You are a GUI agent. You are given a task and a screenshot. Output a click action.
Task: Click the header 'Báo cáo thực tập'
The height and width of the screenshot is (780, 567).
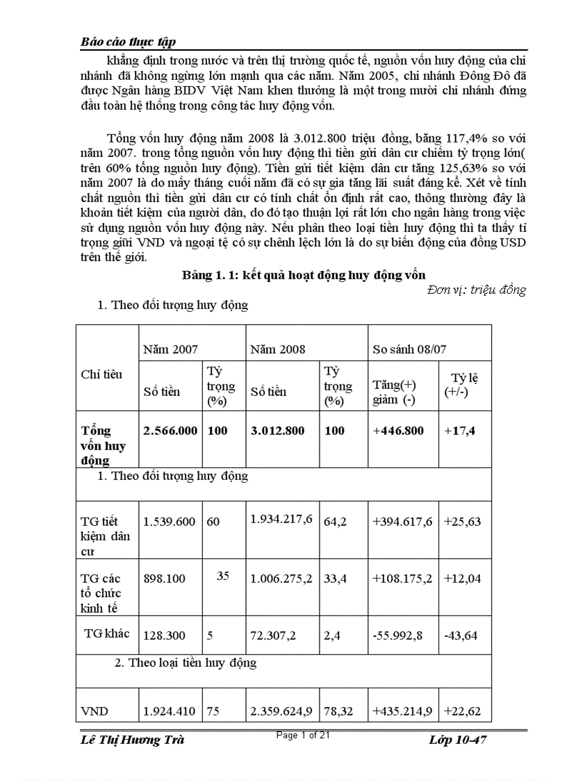[x=128, y=42]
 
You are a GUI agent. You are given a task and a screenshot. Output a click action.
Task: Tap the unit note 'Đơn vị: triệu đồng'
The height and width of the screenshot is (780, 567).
[x=477, y=290]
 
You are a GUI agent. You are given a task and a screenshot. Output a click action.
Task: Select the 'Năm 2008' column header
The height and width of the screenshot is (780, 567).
[x=278, y=349]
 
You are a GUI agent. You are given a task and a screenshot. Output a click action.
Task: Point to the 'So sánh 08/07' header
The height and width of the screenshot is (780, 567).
[x=409, y=349]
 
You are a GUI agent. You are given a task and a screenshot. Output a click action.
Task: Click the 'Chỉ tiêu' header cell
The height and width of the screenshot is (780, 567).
[x=101, y=374]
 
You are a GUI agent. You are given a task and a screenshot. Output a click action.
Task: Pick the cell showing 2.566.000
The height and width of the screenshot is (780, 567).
[x=170, y=431]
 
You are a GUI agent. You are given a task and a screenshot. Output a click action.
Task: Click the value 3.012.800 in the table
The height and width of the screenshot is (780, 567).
[x=277, y=431]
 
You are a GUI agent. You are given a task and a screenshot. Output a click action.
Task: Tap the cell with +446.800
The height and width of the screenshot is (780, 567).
[x=398, y=431]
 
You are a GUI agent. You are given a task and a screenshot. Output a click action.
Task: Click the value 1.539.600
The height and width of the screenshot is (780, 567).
[x=170, y=522]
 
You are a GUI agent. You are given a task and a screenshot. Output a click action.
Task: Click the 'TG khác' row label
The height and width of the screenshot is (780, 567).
[x=107, y=633]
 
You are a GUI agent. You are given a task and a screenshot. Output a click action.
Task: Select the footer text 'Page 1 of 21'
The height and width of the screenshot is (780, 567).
[x=303, y=736]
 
